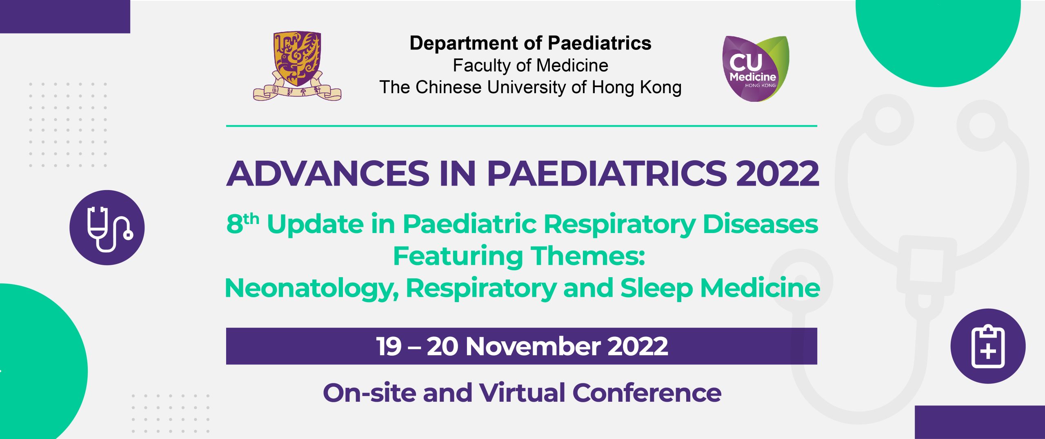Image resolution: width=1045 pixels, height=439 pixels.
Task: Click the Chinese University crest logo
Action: click(x=297, y=66)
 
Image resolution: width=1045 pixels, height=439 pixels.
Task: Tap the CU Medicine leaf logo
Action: click(x=756, y=69)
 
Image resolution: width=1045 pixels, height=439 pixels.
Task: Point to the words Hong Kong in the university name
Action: click(x=636, y=87)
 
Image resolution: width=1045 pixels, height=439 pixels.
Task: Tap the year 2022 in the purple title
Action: click(x=777, y=173)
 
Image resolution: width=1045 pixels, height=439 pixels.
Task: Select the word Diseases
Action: click(x=760, y=224)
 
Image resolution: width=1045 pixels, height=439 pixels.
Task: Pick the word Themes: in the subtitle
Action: click(x=587, y=256)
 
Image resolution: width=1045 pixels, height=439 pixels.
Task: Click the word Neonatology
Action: click(x=312, y=289)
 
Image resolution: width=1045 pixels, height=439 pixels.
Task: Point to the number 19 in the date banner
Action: click(x=389, y=347)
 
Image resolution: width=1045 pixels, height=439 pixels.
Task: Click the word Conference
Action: click(x=647, y=393)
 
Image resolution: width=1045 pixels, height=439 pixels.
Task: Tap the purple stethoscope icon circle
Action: click(x=107, y=228)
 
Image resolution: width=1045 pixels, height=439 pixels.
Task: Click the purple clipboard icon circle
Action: click(x=988, y=346)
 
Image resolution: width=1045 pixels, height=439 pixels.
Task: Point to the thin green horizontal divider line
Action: click(x=522, y=126)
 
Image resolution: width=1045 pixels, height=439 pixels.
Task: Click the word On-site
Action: click(x=369, y=393)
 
